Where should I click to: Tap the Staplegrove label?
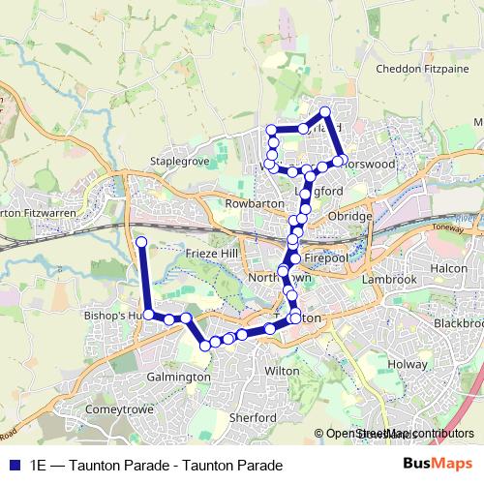[x=179, y=162]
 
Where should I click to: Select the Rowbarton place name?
[x=252, y=204]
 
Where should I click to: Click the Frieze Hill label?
[x=210, y=253]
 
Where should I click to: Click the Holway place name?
[x=407, y=364]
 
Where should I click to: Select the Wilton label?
[x=282, y=370]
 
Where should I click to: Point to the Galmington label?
[x=180, y=377]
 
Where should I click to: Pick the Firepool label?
[x=325, y=260]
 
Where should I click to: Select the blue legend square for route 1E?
[x=14, y=465]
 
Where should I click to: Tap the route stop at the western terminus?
[x=140, y=242]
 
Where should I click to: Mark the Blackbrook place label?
[x=458, y=322]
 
